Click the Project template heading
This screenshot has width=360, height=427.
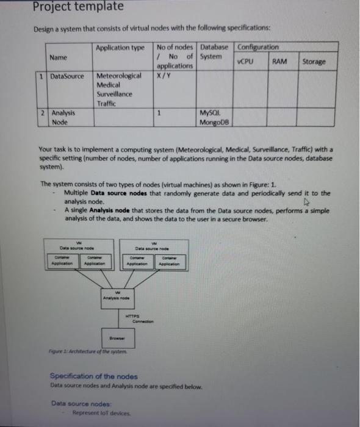(70, 7)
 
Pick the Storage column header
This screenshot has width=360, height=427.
(314, 62)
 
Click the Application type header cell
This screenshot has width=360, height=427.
(120, 48)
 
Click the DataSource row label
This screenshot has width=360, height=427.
(67, 76)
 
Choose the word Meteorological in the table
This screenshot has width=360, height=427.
(120, 76)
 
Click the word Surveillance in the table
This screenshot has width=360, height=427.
(115, 95)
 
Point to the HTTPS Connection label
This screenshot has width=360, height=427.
(137, 318)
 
